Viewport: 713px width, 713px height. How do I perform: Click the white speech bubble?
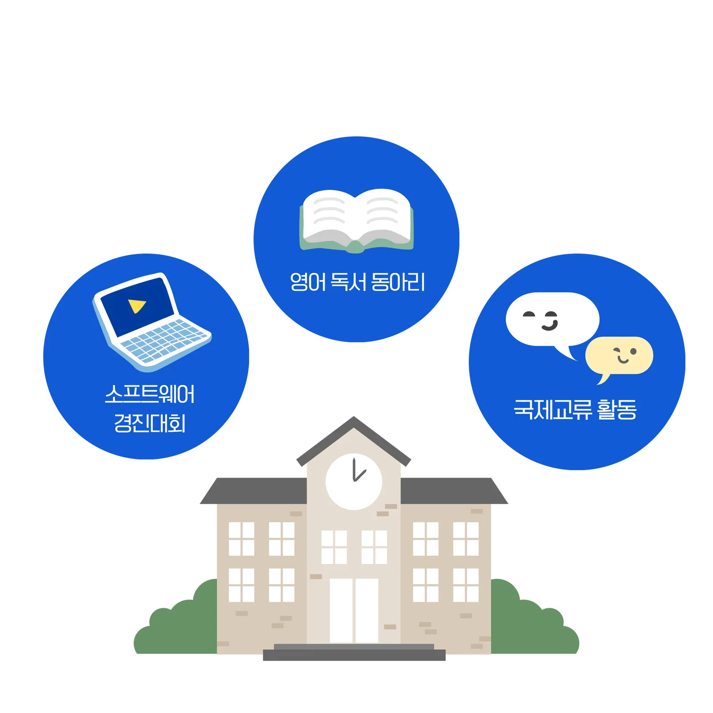click(x=553, y=319)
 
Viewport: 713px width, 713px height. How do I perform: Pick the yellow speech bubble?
click(x=619, y=355)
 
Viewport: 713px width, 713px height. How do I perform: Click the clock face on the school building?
click(x=354, y=482)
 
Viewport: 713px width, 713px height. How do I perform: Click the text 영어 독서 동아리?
click(x=357, y=282)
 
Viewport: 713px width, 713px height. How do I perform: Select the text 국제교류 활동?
click(x=575, y=409)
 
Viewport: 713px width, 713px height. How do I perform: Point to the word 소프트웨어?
click(x=150, y=394)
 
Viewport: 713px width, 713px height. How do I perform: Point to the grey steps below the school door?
click(x=354, y=653)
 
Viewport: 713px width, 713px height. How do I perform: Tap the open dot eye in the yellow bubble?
click(x=633, y=352)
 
